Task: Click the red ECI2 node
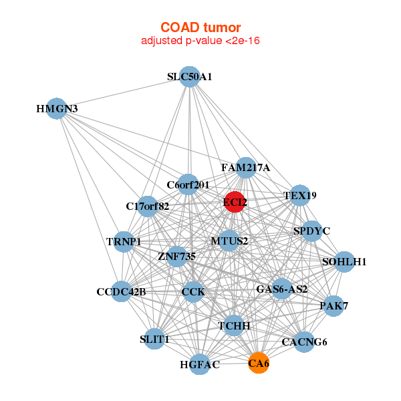(235, 202)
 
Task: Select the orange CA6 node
(259, 364)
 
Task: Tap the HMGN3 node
(57, 109)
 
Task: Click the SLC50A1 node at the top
(190, 77)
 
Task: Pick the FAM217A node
(245, 168)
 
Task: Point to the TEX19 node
(300, 196)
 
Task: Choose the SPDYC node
(312, 231)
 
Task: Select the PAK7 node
(333, 306)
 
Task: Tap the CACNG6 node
(304, 342)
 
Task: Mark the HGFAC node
(200, 365)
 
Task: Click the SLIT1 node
(155, 339)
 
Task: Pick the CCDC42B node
(121, 292)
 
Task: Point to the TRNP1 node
(124, 241)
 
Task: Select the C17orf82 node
(148, 206)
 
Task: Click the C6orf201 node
(188, 184)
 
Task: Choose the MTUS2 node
(229, 241)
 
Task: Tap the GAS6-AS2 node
(282, 289)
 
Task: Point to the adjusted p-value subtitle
(200, 41)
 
